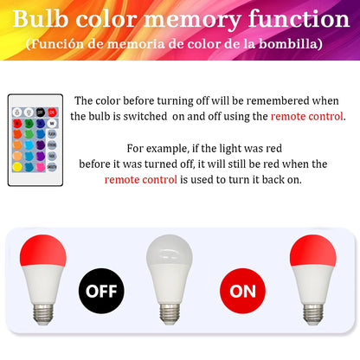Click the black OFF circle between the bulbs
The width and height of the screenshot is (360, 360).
(101, 290)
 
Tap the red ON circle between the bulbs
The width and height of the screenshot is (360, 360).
(243, 290)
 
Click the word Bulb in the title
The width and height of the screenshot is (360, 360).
(43, 19)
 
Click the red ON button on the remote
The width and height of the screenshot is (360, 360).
(52, 112)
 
